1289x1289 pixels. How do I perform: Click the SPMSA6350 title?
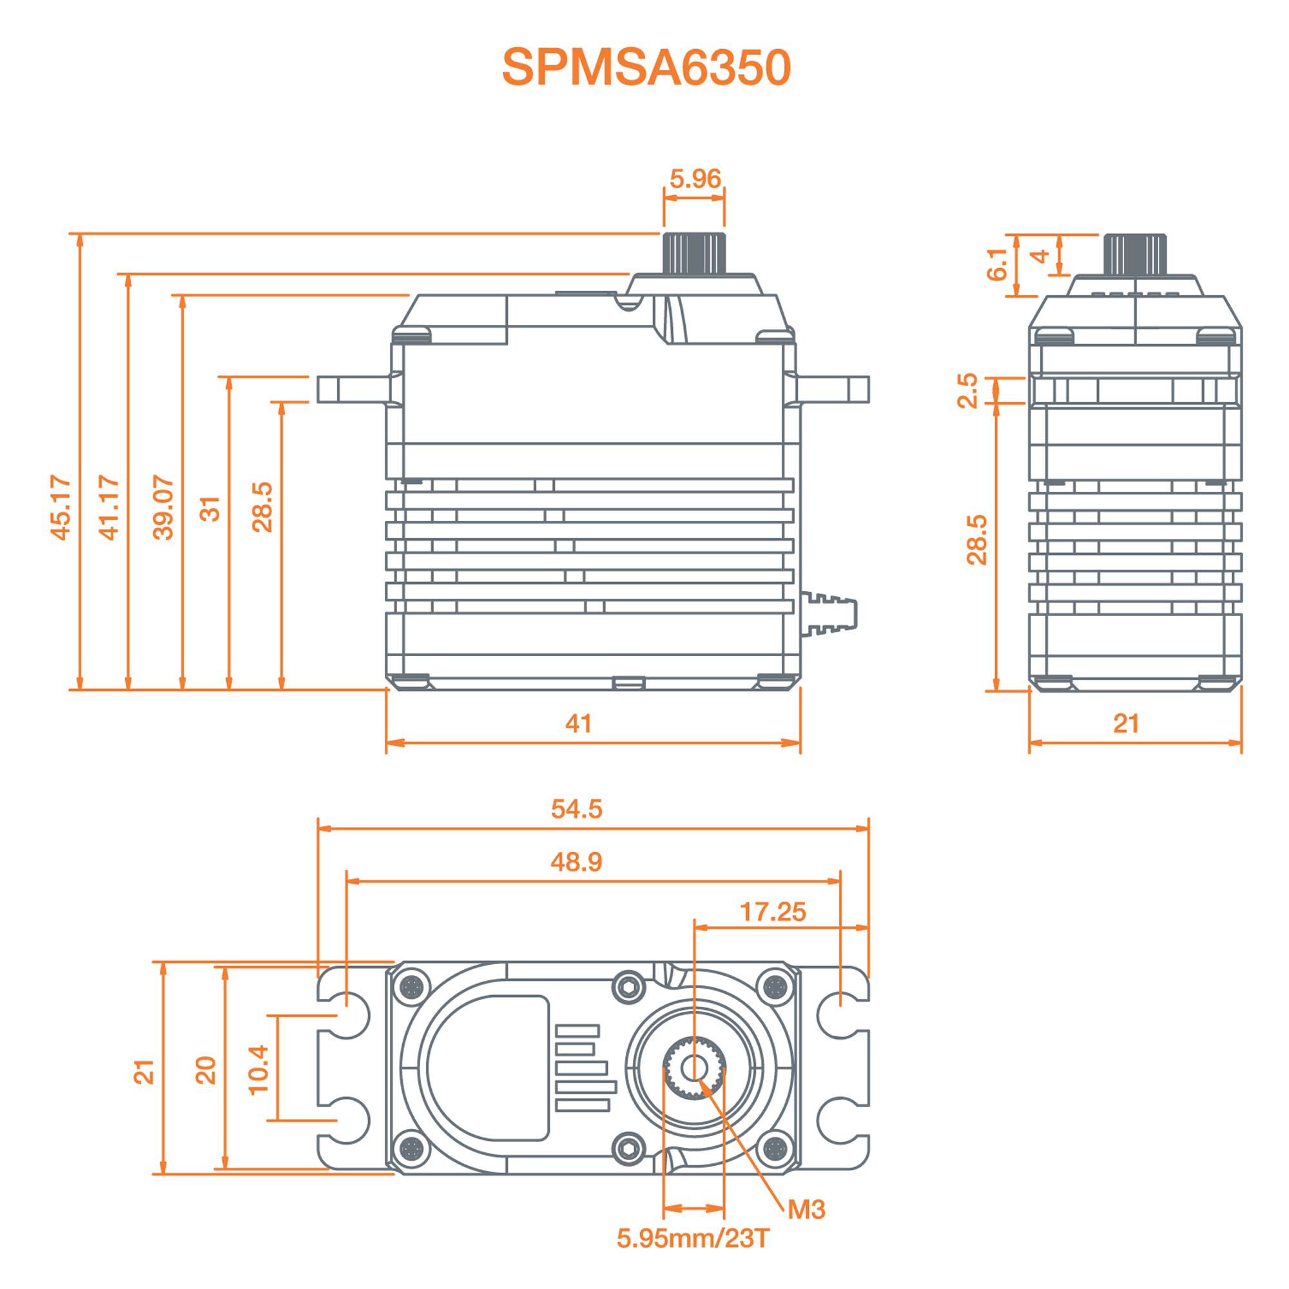coord(646,68)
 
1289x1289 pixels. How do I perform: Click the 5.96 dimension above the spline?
coord(695,179)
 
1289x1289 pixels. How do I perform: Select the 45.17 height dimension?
coord(61,507)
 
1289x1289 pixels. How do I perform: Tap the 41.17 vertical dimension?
coord(109,507)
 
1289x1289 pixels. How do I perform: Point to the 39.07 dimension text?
coord(164,507)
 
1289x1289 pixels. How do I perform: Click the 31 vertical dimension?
coord(210,509)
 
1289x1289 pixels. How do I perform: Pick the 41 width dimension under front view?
coord(577,724)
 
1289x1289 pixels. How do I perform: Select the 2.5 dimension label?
coord(967,391)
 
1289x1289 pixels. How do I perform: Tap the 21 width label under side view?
coord(1126,724)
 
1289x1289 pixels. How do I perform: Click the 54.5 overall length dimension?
coord(576,809)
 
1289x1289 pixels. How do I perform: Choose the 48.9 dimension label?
coord(576,862)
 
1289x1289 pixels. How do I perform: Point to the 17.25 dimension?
coord(773,911)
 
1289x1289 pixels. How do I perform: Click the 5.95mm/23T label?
coord(693,1239)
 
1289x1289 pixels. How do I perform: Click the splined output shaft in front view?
coord(694,252)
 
